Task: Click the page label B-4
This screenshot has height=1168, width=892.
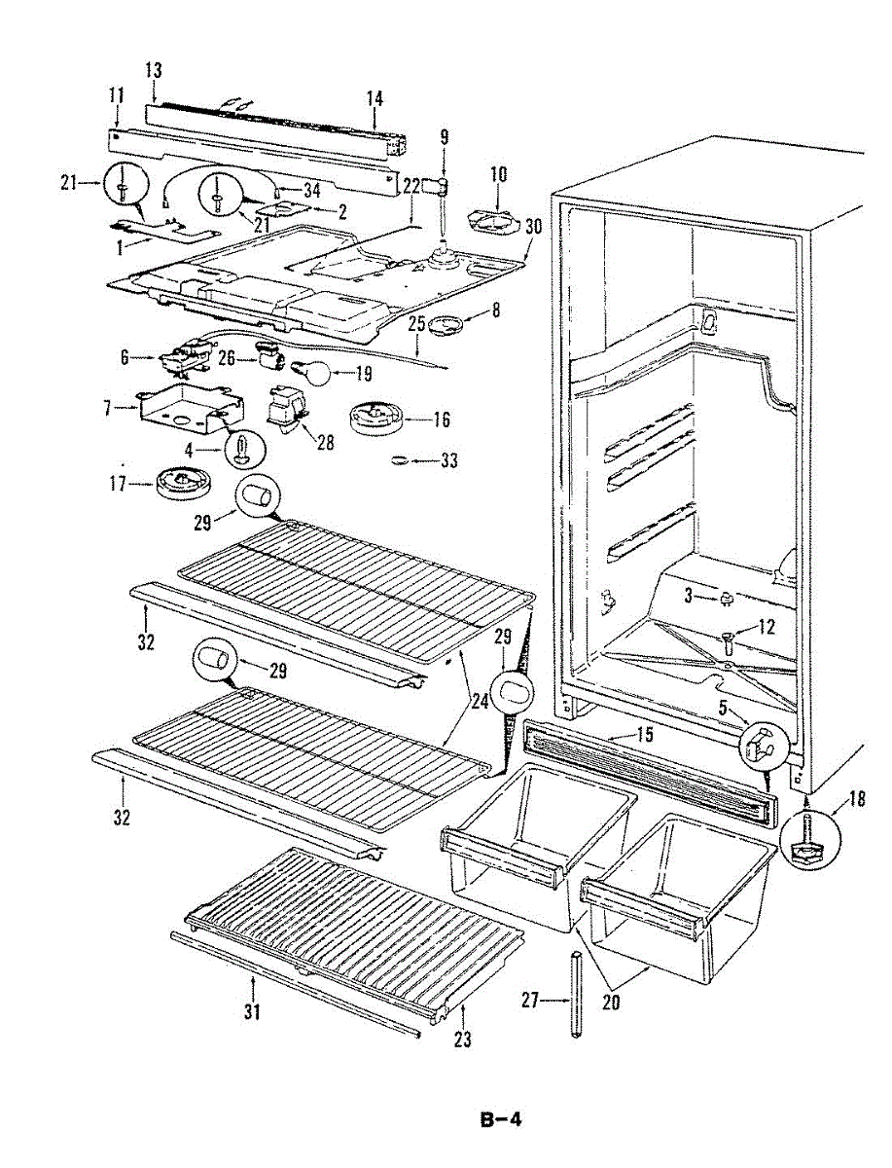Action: [501, 1119]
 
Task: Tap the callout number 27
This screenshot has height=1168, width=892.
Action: [530, 1000]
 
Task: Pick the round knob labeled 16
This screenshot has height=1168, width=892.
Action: [375, 418]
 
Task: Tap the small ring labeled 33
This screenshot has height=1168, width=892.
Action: [400, 459]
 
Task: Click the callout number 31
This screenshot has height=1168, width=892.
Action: [252, 1013]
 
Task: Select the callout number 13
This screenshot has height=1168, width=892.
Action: [154, 71]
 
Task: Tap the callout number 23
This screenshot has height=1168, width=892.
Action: [462, 1040]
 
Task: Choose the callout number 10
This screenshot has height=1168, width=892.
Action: [498, 175]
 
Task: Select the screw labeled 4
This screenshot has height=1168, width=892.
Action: [239, 451]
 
